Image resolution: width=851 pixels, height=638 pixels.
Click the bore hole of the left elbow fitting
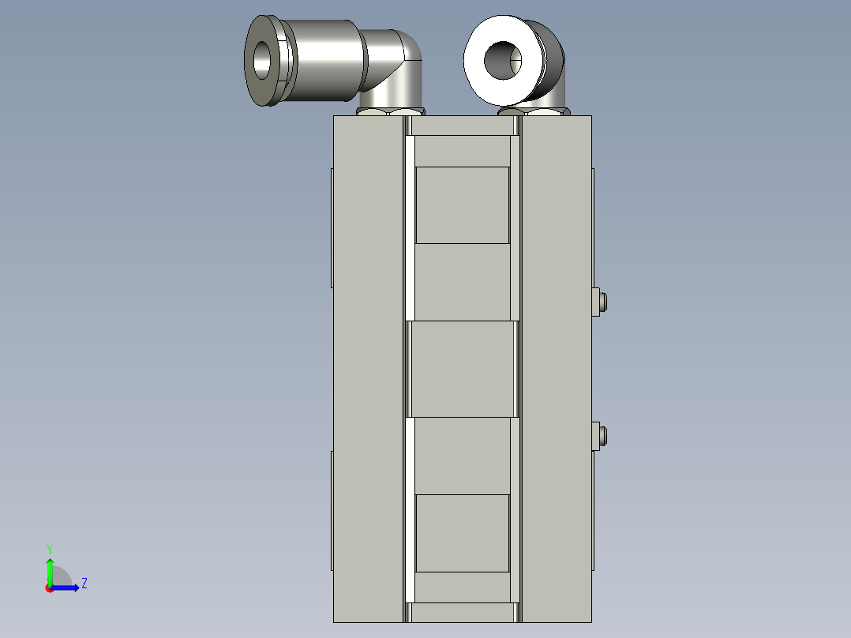262,60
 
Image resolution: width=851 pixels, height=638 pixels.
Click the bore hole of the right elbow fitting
503,60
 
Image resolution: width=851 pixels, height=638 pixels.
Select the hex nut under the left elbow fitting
390,112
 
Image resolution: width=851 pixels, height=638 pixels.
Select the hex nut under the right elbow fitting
534,112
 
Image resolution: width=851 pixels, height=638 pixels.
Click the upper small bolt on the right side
600,302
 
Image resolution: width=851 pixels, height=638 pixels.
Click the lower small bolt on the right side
600,436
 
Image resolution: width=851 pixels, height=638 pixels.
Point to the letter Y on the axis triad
50,550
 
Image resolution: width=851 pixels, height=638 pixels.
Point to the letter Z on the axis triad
84,584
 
